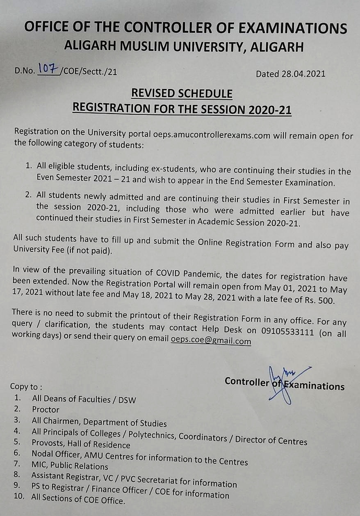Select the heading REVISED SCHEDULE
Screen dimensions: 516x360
click(182, 94)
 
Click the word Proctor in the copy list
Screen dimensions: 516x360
click(46, 409)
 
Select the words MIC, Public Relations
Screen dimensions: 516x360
click(70, 466)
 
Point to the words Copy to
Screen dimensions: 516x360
click(26, 386)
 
